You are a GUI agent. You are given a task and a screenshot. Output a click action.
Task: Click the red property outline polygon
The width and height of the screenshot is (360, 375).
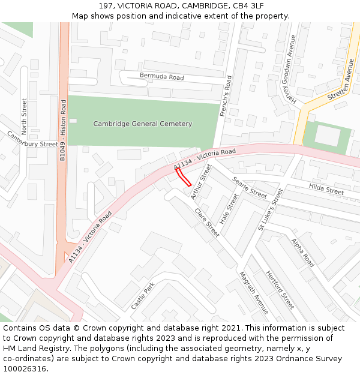click(183, 177)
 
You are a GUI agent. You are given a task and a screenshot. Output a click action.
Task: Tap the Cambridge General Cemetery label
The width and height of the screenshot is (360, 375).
click(143, 124)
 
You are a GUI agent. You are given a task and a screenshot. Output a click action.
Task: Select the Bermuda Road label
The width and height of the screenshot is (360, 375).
click(161, 77)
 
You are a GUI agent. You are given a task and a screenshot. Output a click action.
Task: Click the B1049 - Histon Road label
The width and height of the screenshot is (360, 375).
click(62, 131)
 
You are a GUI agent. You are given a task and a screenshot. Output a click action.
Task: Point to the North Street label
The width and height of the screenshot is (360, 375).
click(25, 116)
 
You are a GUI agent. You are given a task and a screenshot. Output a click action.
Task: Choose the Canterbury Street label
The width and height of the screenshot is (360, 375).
click(32, 140)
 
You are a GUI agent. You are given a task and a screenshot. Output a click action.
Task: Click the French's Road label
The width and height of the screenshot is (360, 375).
click(224, 96)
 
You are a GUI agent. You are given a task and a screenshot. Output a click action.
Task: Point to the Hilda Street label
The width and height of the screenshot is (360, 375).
click(326, 189)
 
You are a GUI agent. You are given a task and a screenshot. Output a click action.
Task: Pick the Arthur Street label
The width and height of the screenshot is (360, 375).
click(202, 182)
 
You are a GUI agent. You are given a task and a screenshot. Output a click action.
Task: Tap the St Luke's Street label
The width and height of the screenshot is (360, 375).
click(270, 209)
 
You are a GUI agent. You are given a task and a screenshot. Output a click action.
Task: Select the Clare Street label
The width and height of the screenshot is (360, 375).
click(207, 223)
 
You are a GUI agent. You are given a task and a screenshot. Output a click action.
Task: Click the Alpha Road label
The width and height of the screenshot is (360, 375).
click(303, 252)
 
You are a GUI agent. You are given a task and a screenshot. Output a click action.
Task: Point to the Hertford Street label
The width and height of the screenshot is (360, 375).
click(280, 289)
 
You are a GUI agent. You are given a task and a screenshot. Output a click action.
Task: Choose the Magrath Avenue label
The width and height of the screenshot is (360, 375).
click(254, 293)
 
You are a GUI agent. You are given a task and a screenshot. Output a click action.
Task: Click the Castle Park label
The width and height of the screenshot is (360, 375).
click(143, 296)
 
